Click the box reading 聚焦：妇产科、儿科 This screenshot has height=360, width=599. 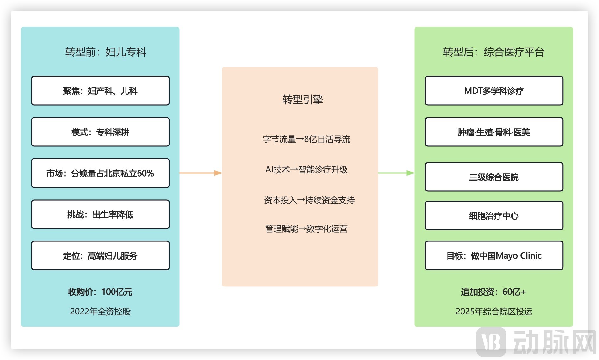[100, 91]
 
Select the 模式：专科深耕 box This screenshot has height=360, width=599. [100, 132]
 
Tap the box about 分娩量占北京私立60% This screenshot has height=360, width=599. [100, 173]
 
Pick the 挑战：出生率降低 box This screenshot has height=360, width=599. [100, 214]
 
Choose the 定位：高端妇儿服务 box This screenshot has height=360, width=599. [100, 255]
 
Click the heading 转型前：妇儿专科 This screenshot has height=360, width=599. [106, 52]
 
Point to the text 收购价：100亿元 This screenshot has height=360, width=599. [100, 292]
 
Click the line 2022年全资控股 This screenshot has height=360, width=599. [100, 312]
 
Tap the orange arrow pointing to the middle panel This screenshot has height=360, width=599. [201, 173]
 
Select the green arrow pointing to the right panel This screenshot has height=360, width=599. [396, 173]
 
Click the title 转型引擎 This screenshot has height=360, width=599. [303, 100]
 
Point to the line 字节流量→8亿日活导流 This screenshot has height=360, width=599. [306, 139]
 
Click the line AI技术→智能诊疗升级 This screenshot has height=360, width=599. [306, 170]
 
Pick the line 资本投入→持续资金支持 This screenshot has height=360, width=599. [309, 200]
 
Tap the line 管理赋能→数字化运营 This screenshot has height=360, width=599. [306, 229]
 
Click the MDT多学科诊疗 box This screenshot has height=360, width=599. [494, 91]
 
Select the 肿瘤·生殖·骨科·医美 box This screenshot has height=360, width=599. [494, 132]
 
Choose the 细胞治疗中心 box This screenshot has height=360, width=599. [494, 215]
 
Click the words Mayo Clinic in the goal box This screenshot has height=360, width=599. [518, 256]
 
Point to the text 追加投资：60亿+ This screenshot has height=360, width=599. [493, 292]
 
